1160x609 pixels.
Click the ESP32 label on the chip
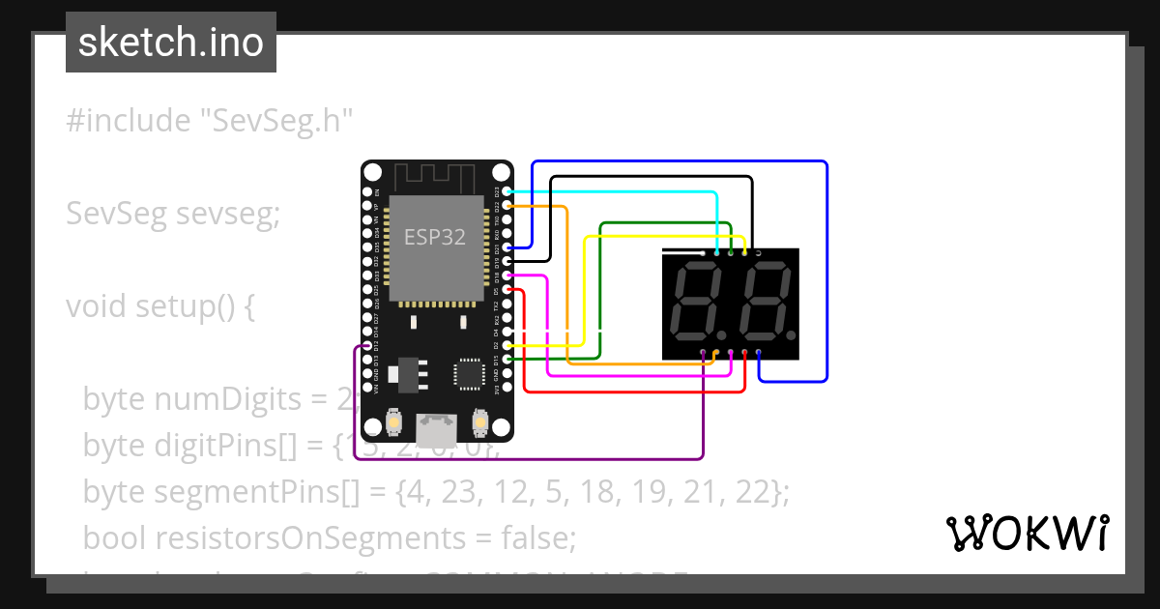[x=434, y=237]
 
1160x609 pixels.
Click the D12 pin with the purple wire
[x=366, y=346]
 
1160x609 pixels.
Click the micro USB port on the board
[x=437, y=425]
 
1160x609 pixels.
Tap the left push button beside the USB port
[x=394, y=422]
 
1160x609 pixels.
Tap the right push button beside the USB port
[x=479, y=422]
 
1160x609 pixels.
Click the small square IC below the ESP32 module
[x=469, y=372]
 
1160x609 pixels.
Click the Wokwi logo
[x=1026, y=533]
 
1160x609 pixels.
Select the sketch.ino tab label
[x=171, y=43]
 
